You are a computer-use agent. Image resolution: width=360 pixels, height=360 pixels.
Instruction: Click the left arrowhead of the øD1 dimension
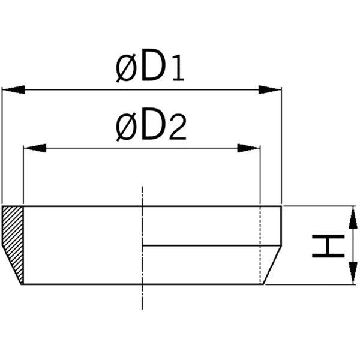13,90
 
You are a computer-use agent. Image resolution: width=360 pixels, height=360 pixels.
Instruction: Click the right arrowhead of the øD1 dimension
271,90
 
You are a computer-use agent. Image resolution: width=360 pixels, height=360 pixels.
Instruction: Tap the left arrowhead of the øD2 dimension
34,148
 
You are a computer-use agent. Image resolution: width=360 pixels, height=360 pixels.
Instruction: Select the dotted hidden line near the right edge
260,240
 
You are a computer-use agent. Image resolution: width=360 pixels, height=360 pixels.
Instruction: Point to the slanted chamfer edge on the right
273,264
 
